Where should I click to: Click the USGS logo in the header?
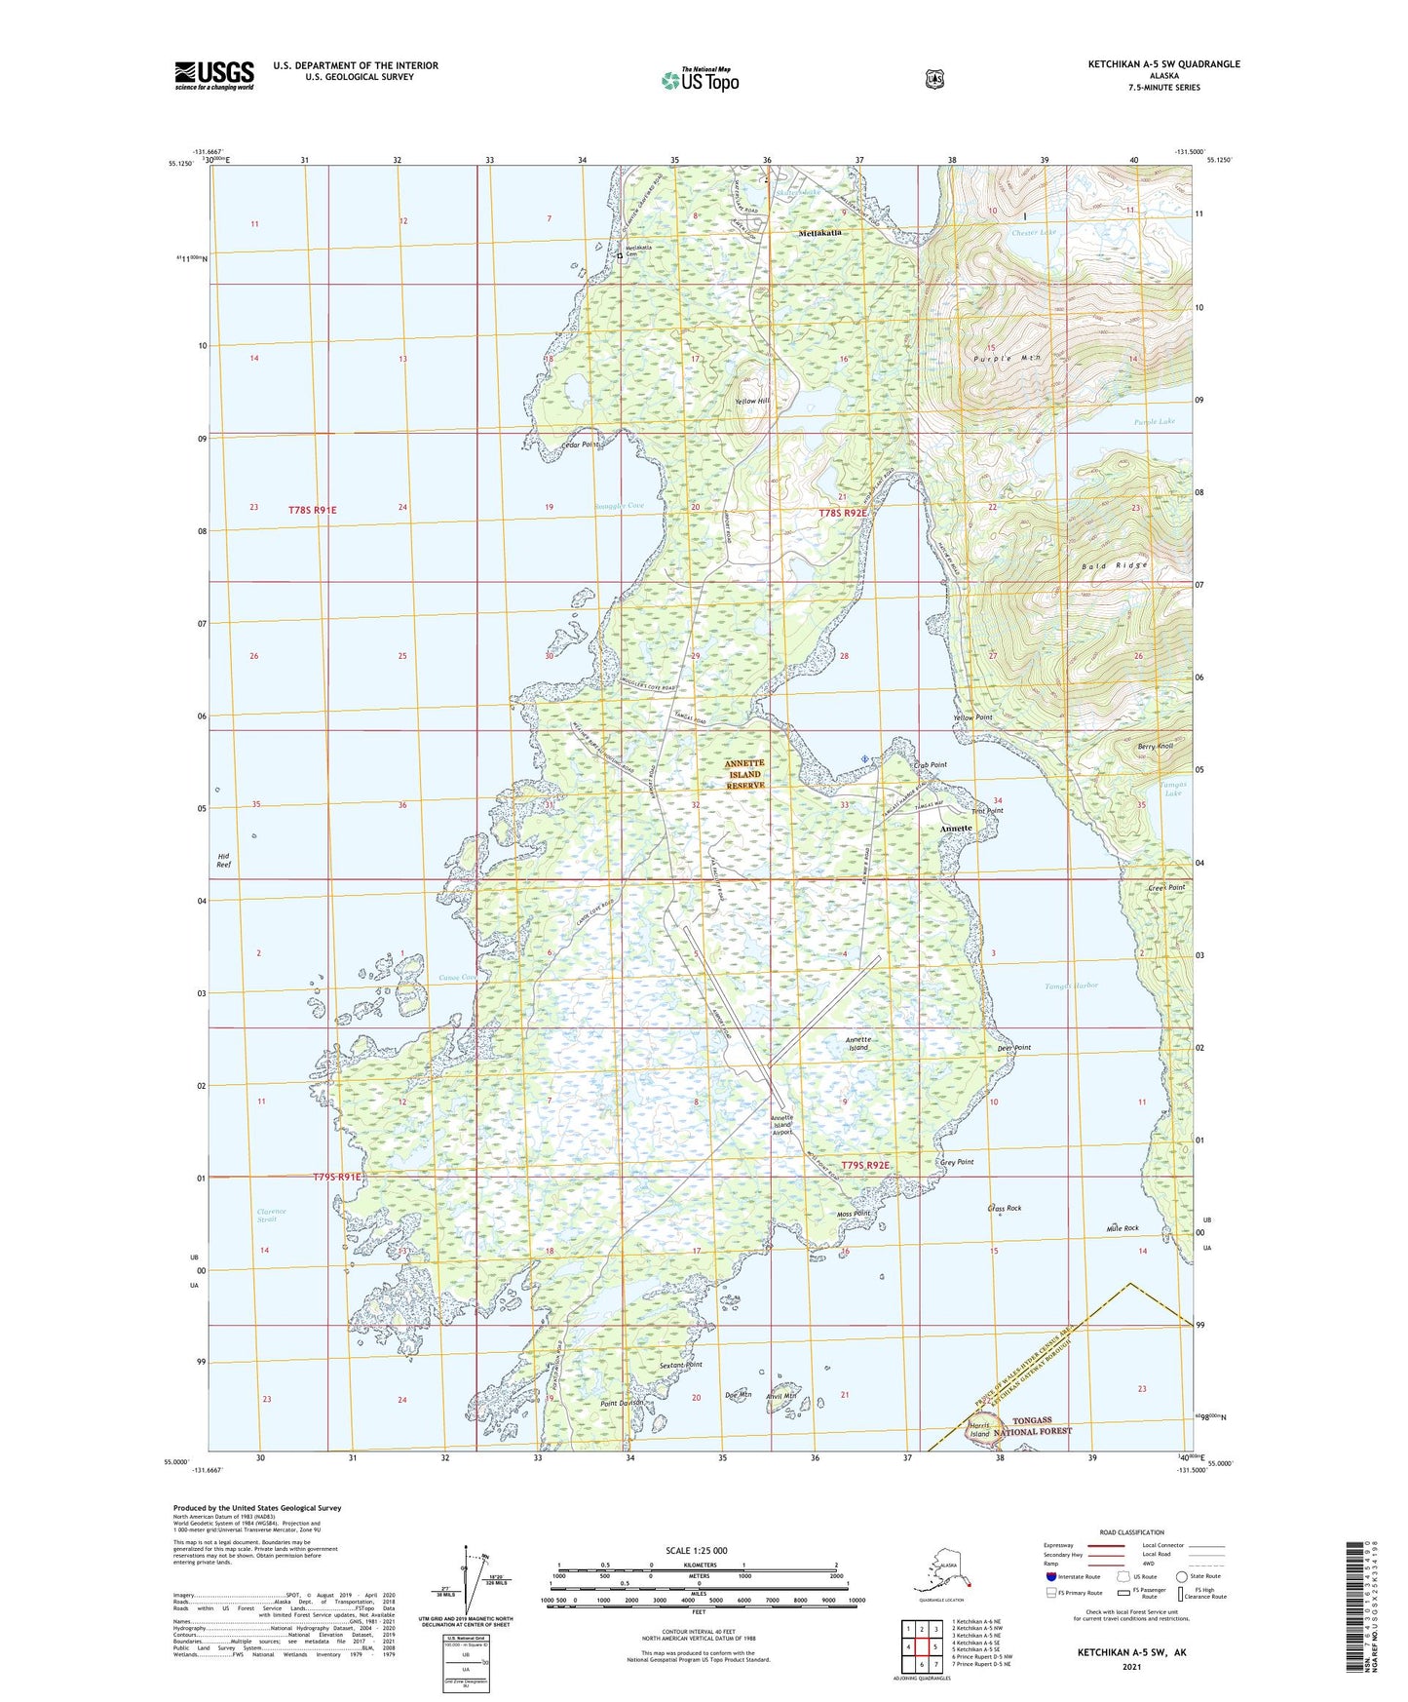pyautogui.click(x=214, y=75)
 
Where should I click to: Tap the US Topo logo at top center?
pyautogui.click(x=700, y=80)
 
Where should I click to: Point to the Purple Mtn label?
pyautogui.click(x=1007, y=359)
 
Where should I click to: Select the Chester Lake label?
pyautogui.click(x=1033, y=233)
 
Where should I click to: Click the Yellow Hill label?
pyautogui.click(x=752, y=402)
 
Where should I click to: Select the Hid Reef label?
pyautogui.click(x=223, y=860)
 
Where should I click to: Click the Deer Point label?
pyautogui.click(x=1014, y=1048)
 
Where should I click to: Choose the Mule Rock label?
pyautogui.click(x=1123, y=1228)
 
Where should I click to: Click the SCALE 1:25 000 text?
pyautogui.click(x=696, y=1550)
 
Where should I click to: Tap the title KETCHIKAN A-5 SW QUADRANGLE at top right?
pyautogui.click(x=1163, y=64)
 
